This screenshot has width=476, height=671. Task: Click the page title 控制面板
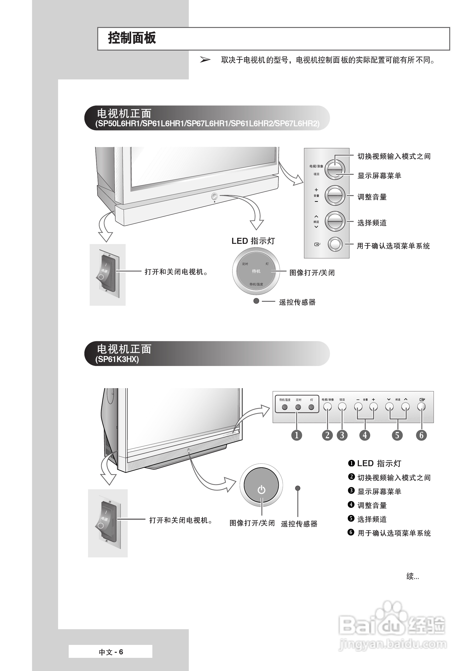(x=132, y=38)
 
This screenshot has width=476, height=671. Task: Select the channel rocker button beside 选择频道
(x=335, y=221)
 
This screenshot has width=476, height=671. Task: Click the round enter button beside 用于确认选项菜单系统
(x=335, y=244)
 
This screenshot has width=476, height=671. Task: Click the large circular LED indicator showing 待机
(x=256, y=272)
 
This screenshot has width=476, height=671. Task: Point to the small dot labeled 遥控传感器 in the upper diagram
(x=256, y=301)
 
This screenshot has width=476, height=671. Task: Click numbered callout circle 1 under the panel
(x=297, y=435)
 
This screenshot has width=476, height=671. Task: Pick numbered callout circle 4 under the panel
(x=365, y=435)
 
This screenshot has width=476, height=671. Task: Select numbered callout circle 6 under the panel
(x=421, y=435)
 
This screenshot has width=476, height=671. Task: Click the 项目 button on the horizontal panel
(x=342, y=407)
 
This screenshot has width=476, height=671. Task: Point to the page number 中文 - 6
(x=111, y=652)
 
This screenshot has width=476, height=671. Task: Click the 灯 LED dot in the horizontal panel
(x=311, y=407)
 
